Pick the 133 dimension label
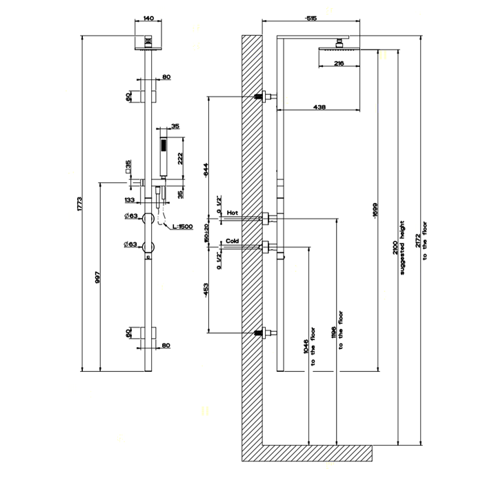[130, 200]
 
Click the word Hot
[232, 213]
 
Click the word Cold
[233, 240]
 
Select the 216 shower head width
[339, 63]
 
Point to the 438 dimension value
[319, 107]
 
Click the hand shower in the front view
[164, 158]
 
